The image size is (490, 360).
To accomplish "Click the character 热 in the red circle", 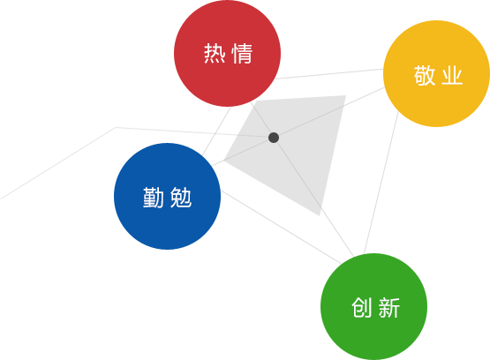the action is coord(215,54).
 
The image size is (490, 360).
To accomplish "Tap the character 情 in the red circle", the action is coord(242,54).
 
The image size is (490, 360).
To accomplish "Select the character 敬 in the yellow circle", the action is coord(425,75).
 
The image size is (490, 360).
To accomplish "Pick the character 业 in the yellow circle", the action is coord(452,75).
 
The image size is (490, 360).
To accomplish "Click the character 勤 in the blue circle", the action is coord(153,198).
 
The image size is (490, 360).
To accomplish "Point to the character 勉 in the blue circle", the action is coord(181,198).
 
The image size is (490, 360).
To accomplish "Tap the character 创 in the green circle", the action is coord(362,308).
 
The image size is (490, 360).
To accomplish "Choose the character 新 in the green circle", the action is coord(389,308).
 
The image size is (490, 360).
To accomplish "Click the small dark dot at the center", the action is coord(274,138).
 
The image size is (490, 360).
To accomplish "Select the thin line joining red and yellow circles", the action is coord(329,74).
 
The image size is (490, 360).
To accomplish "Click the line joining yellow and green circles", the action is coord(381,183).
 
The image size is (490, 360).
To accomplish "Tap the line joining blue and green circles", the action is coord(282,228).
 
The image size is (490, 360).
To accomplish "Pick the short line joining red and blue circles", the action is coord(216,131).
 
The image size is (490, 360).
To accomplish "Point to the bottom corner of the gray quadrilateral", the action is coord(320,215).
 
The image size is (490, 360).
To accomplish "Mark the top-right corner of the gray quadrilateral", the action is coord(346,95).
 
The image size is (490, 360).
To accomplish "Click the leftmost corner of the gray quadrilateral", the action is coord(223,161).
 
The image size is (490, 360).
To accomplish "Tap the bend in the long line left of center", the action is coord(116,127).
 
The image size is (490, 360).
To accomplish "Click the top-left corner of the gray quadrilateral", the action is coord(256,101).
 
